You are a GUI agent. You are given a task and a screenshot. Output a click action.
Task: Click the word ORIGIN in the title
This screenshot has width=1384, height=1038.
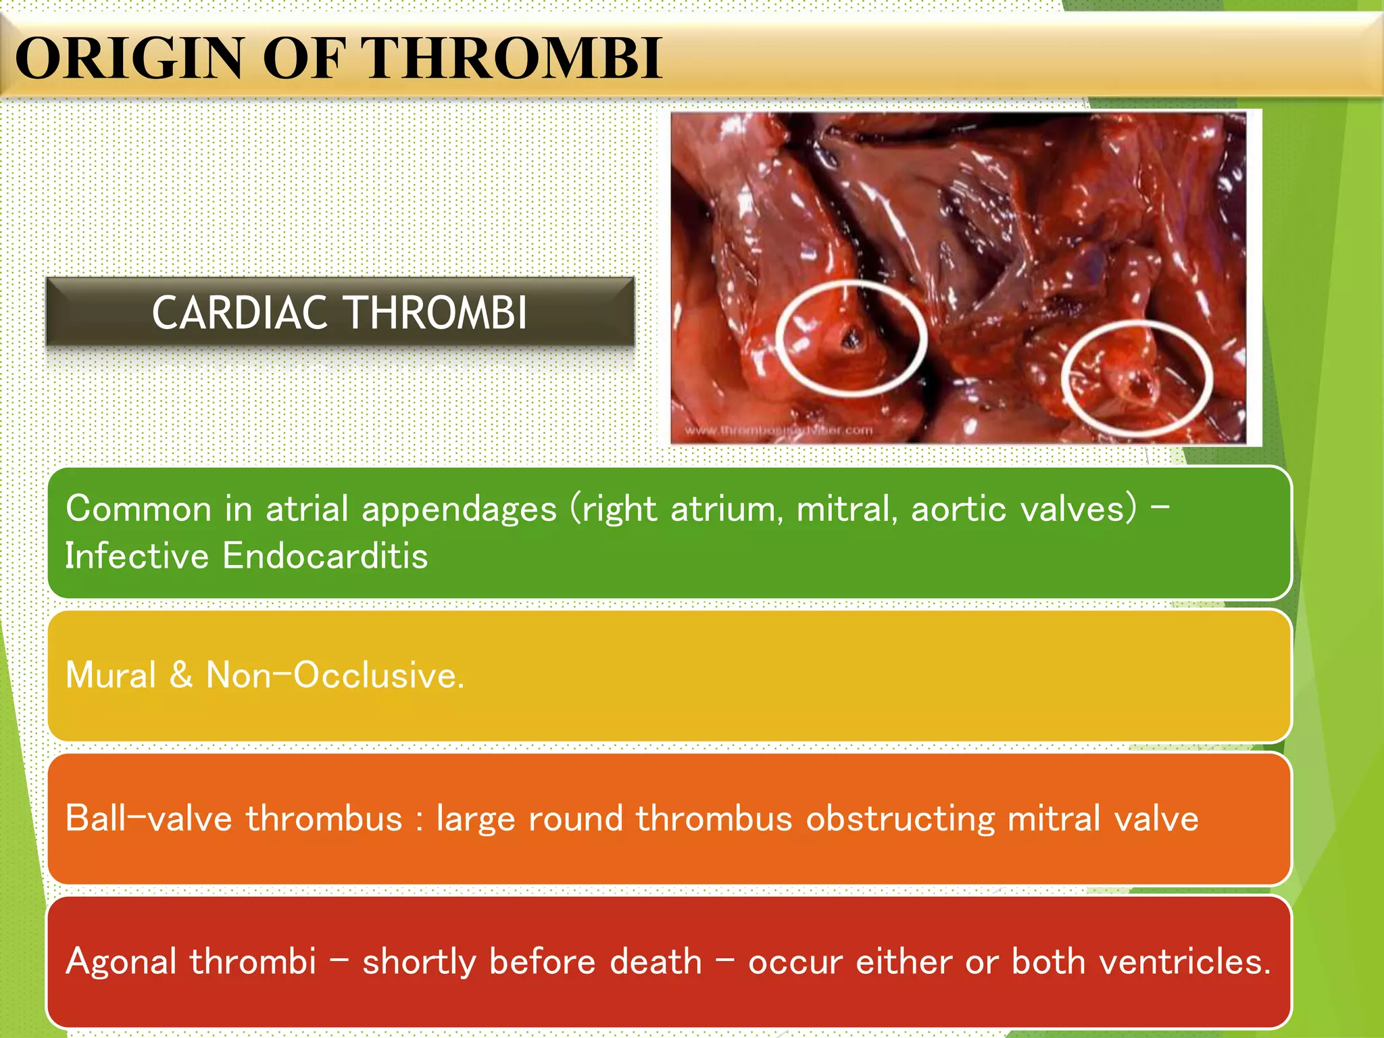pos(128,59)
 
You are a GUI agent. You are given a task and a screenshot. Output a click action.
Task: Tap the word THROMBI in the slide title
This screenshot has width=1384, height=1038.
pos(514,59)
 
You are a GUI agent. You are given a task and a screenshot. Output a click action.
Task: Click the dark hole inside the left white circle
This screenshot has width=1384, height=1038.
pos(849,338)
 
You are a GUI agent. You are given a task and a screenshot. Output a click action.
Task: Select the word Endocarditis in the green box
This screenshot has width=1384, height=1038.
pos(325,556)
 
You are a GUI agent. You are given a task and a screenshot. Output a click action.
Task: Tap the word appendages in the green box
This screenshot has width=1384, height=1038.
pos(459,509)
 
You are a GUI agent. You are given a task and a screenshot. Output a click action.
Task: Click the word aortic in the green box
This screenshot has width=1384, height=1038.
pos(958,509)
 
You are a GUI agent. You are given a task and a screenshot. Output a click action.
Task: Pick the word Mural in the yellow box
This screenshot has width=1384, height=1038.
pos(111,675)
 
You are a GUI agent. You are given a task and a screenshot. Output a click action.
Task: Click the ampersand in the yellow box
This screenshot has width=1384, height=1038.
pos(180,675)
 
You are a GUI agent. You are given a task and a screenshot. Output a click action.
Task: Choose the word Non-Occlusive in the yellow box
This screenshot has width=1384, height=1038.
pos(335,675)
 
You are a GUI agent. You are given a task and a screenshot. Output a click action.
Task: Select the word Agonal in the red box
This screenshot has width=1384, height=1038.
pos(121,962)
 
